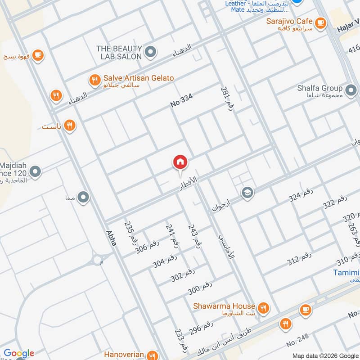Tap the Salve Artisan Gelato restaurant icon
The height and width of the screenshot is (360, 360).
point(94,80)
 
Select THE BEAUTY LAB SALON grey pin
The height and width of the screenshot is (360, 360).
point(151,53)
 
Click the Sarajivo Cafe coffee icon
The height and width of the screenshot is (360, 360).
point(320,22)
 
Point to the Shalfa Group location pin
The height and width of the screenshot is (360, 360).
point(350,88)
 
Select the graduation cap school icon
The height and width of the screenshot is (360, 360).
point(247,193)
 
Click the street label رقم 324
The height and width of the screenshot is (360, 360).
point(301,195)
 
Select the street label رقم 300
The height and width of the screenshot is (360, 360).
point(200,288)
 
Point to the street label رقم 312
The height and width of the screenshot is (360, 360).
point(299,259)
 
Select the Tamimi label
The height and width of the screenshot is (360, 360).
point(346,273)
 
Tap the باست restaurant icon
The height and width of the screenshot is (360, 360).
point(69,126)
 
